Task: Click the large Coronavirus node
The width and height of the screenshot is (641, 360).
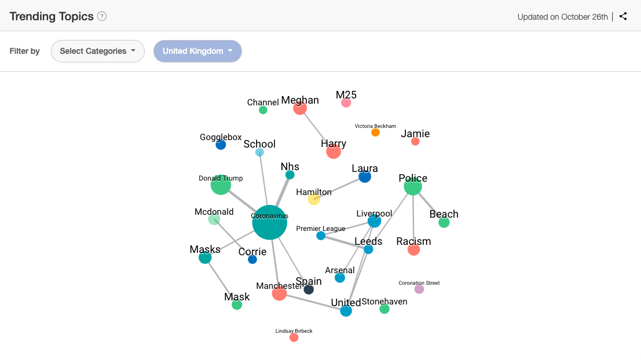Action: click(270, 222)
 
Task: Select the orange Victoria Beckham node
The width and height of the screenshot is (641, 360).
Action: click(375, 133)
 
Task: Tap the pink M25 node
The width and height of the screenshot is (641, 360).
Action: click(346, 103)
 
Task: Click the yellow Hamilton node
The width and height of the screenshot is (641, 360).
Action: click(314, 200)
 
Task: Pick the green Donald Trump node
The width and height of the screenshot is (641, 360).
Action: click(221, 185)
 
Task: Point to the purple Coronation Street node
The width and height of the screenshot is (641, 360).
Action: click(419, 289)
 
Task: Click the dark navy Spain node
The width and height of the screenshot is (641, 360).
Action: click(309, 289)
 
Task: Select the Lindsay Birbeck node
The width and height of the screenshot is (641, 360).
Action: click(294, 337)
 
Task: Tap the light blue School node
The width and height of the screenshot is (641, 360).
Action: click(259, 152)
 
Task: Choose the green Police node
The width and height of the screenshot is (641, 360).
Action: click(413, 186)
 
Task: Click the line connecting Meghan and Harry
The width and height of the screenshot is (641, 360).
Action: click(316, 130)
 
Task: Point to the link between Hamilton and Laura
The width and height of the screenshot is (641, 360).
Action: click(339, 188)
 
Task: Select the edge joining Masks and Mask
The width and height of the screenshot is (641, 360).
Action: click(221, 281)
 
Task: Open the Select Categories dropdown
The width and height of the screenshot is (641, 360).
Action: click(98, 51)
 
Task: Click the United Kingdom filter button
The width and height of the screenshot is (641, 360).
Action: click(197, 51)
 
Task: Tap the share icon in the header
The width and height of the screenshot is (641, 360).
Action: click(623, 16)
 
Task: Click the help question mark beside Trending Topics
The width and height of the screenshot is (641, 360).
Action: click(102, 16)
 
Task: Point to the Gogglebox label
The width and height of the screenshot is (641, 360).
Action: click(221, 137)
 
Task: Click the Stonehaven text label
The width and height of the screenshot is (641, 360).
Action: click(384, 302)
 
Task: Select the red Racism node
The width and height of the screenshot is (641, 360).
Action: click(413, 249)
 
